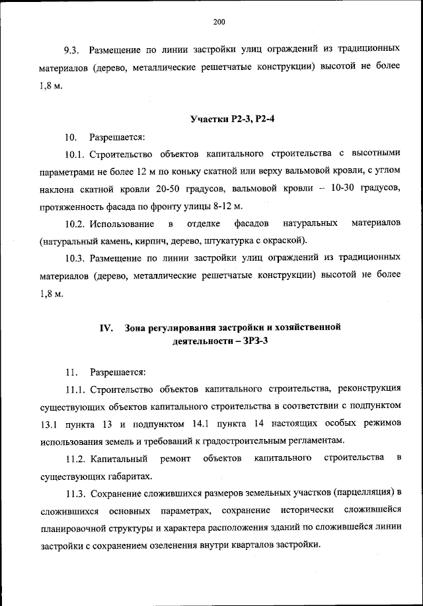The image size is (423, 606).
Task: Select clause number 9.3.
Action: [x=71, y=50]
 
